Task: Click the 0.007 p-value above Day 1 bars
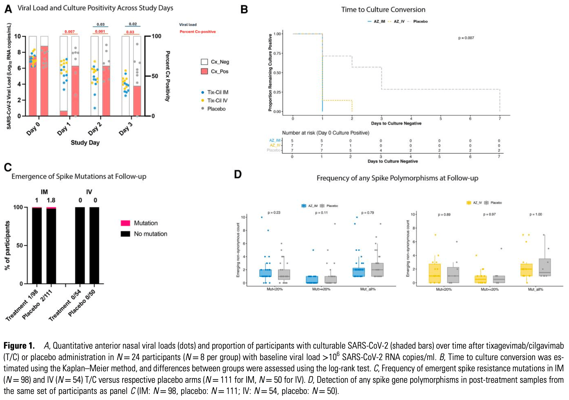click(70, 32)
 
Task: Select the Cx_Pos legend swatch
click(204, 71)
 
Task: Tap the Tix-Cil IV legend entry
click(217, 100)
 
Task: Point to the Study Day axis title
click(85, 143)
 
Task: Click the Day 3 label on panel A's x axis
click(126, 129)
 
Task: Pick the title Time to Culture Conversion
click(383, 10)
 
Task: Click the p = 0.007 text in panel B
click(466, 38)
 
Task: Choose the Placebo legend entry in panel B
click(420, 21)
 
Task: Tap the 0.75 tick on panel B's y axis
click(277, 53)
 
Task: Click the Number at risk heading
click(325, 133)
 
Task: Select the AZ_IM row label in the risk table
click(275, 140)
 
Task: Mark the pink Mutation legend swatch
click(125, 223)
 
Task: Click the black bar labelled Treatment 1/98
click(37, 246)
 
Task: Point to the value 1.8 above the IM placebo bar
click(51, 200)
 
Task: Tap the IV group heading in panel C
click(89, 192)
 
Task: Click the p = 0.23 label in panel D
click(274, 212)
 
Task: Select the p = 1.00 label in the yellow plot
click(536, 214)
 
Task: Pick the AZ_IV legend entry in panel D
click(477, 203)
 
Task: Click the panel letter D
click(238, 174)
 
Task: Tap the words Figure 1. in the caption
click(19, 346)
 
